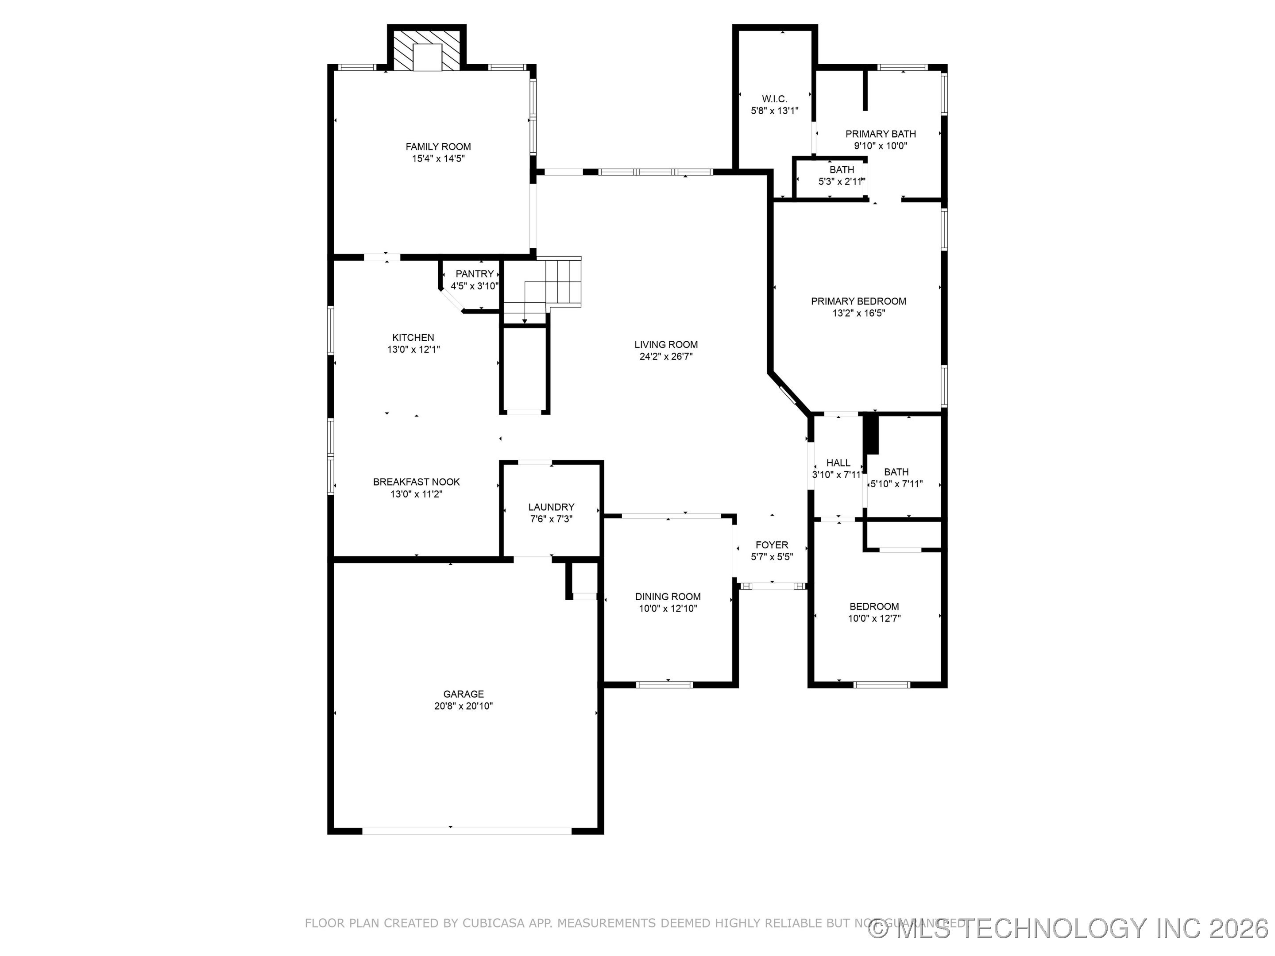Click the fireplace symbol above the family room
[x=426, y=50]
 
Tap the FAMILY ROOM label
[x=438, y=146]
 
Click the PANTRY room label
[x=475, y=274]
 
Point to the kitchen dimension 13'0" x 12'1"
[x=413, y=349]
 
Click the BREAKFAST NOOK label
[x=416, y=482]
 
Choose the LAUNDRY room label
[x=551, y=507]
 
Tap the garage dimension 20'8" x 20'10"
[x=464, y=706]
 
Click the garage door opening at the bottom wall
[x=467, y=830]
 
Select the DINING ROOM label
[x=668, y=597]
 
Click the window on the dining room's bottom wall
[x=664, y=685]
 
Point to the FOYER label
[x=772, y=544]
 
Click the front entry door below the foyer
[x=772, y=586]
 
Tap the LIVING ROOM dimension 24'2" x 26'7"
[x=666, y=356]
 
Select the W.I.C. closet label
[x=774, y=99]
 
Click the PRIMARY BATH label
[x=880, y=134]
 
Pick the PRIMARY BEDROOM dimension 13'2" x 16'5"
[x=858, y=313]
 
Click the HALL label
[x=838, y=463]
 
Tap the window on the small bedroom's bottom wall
[x=881, y=685]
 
